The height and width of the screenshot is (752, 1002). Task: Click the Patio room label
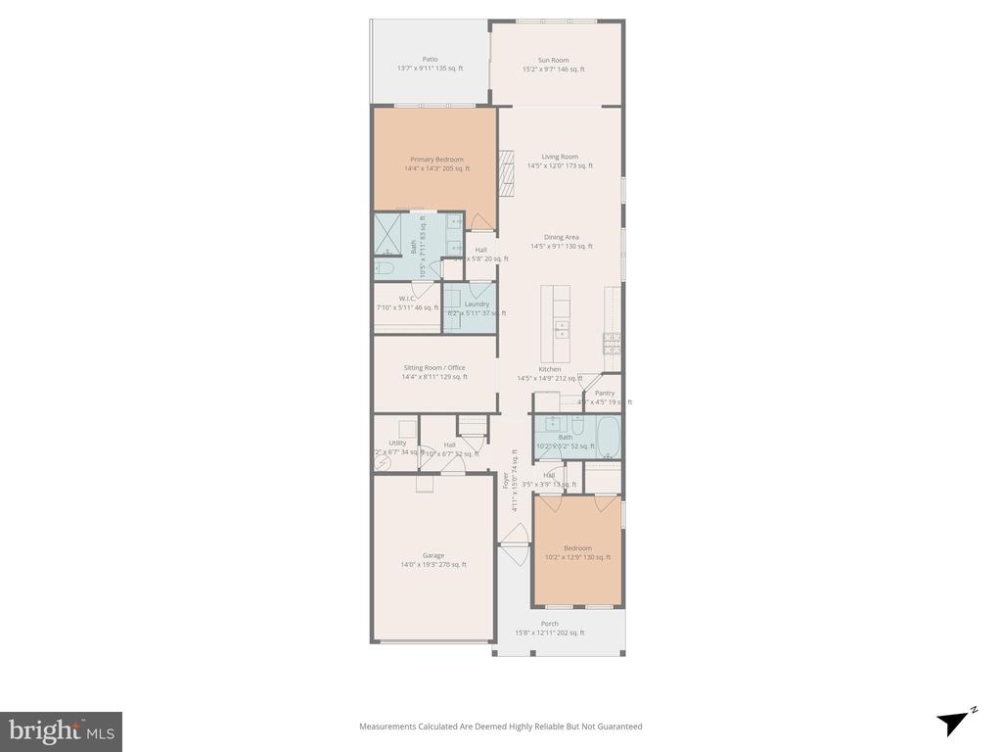point(430,59)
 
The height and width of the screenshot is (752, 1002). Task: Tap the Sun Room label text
point(553,60)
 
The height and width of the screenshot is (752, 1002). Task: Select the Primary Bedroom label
point(436,159)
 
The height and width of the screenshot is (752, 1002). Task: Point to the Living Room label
point(560,157)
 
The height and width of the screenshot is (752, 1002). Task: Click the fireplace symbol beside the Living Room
point(506,174)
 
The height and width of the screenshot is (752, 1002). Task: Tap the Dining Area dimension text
point(561,247)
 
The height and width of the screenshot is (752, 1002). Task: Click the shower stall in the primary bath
point(387,234)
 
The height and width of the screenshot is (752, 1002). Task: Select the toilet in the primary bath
point(384,267)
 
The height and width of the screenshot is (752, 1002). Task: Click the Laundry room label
point(477,304)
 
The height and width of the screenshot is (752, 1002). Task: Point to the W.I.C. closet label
point(408,298)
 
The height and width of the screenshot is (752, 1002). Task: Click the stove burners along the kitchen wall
point(613,342)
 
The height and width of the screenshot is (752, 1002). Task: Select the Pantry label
point(605,393)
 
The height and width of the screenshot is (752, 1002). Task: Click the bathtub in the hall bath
point(606,437)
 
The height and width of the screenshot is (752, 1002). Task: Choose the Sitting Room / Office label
point(434,367)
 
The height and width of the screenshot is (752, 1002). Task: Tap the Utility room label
point(396,443)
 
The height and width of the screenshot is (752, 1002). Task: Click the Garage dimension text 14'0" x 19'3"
point(433,565)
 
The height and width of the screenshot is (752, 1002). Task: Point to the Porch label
point(550,623)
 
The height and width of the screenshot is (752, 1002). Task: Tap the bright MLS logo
point(61,730)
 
